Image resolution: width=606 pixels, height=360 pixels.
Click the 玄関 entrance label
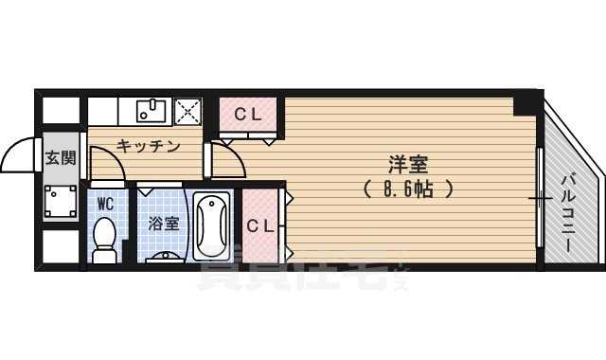(62, 158)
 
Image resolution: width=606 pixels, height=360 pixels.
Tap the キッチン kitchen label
(148, 146)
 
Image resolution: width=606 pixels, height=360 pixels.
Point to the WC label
(105, 202)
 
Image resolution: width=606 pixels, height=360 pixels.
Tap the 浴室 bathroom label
(165, 225)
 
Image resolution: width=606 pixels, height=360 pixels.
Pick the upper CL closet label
(248, 116)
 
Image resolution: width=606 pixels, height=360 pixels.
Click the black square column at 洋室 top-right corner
(526, 104)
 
